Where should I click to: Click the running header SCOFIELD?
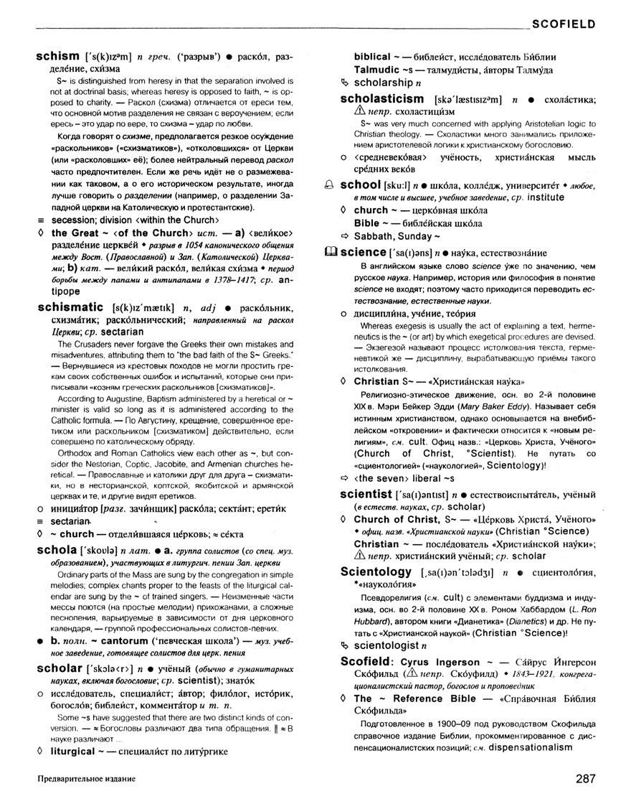pos(564,24)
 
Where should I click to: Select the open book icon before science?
pos(331,253)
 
